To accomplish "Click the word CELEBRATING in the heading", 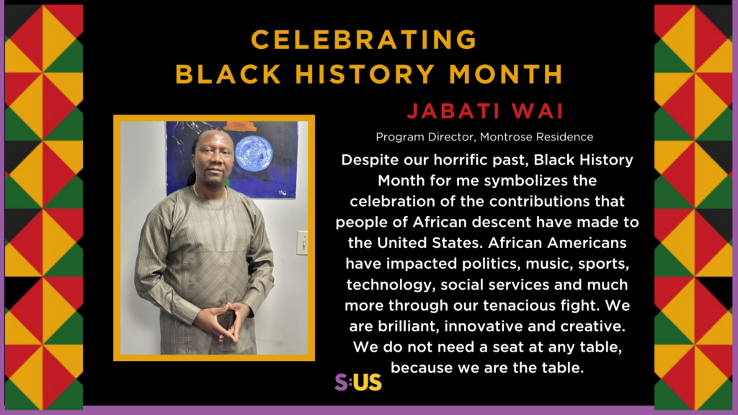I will tap(363, 40).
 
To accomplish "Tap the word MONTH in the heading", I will tap(504, 73).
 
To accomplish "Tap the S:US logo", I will tap(358, 382).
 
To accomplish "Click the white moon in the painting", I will tap(254, 152).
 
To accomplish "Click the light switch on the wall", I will tap(302, 242).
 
